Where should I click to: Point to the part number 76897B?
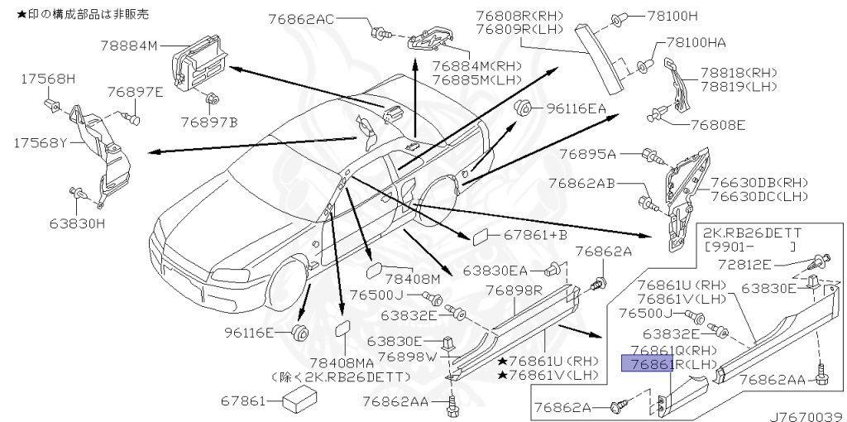tap(208, 122)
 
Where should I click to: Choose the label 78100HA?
tap(691, 43)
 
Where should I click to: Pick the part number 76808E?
tap(715, 125)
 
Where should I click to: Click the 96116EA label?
tap(575, 108)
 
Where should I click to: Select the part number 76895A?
tap(587, 154)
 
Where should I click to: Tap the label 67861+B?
tap(536, 236)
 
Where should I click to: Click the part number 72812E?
tap(744, 265)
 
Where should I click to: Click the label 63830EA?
tap(495, 270)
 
